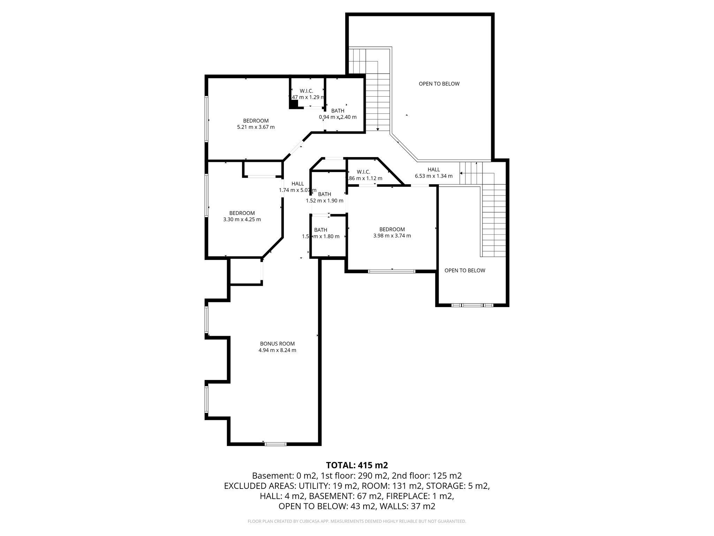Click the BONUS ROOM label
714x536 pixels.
coord(277,344)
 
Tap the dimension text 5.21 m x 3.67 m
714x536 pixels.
coord(256,127)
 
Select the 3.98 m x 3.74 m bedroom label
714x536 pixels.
coord(392,232)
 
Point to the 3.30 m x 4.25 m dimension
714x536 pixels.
coord(242,219)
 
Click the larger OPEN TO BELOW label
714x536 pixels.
coord(439,84)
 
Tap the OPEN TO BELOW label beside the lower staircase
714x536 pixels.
coord(465,270)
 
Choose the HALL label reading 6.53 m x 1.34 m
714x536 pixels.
coord(434,173)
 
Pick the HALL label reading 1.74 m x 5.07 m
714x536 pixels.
coord(297,187)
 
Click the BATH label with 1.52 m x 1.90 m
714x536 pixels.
coord(324,197)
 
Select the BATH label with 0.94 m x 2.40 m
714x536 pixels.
coord(337,114)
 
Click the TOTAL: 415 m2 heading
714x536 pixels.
coord(357,465)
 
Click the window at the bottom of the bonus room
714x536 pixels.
coord(275,444)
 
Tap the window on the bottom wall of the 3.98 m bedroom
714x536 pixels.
coord(392,271)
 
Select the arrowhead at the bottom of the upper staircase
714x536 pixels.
coord(378,129)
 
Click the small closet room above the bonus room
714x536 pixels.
coord(246,271)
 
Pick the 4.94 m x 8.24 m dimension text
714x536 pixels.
coord(277,350)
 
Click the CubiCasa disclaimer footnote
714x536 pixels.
coord(357,521)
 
